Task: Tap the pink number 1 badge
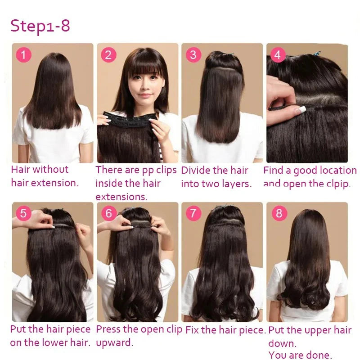tap(23, 55)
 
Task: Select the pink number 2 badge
tap(108, 55)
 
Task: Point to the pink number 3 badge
tap(193, 55)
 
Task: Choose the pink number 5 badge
tap(23, 213)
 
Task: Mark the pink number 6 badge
tap(108, 213)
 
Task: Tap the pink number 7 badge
tap(193, 213)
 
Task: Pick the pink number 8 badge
tap(279, 213)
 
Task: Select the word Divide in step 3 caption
tap(196, 170)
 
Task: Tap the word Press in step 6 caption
tap(108, 329)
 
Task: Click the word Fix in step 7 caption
tap(192, 330)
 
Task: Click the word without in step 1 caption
tap(50, 170)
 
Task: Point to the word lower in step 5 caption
tap(60, 343)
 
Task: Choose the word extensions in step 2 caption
tap(121, 197)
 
